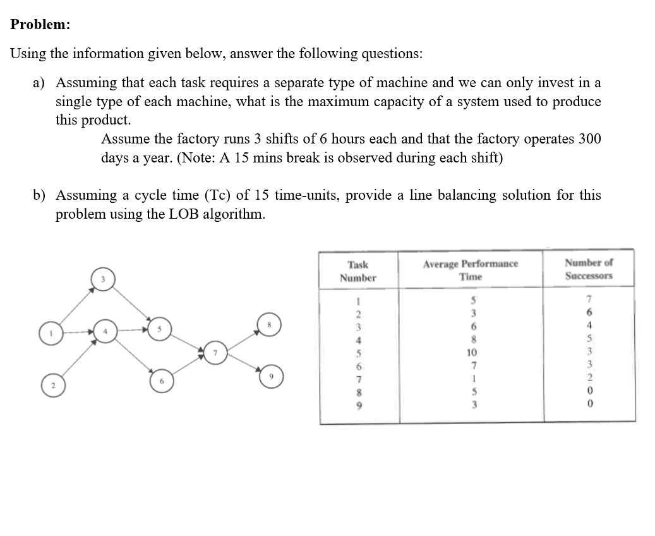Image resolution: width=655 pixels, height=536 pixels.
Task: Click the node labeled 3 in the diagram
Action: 105,279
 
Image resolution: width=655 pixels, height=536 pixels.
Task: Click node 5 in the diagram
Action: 160,329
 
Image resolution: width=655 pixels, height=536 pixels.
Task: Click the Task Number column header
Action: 358,272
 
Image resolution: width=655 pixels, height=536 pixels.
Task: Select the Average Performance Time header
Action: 471,270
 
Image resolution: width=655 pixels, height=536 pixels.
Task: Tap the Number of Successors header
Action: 589,269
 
